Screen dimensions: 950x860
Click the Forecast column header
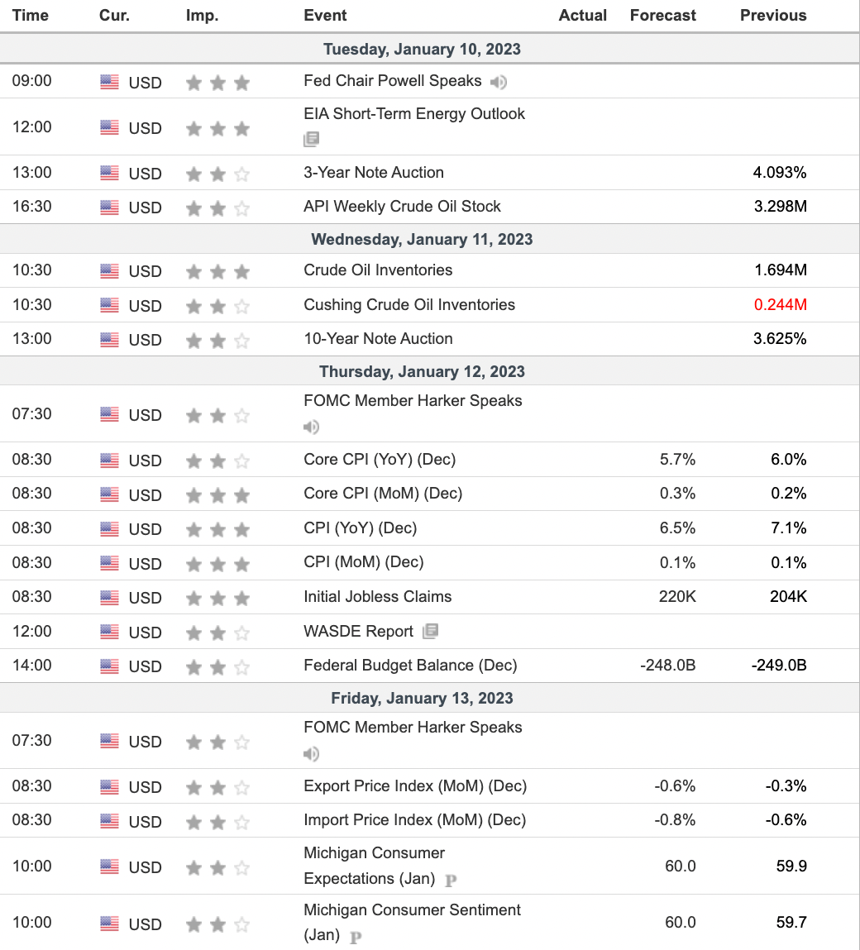tap(662, 15)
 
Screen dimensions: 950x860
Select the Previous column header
tap(772, 15)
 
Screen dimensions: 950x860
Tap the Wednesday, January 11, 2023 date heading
tap(422, 240)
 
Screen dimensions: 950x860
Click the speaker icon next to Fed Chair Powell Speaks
tap(498, 82)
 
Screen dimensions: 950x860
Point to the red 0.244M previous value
tap(780, 305)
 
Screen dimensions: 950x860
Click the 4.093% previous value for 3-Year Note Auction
tap(780, 173)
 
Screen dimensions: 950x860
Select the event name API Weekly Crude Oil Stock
tap(402, 207)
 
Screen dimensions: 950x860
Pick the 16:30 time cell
tap(31, 207)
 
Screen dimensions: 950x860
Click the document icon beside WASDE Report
tap(430, 632)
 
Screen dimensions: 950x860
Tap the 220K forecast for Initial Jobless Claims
tap(677, 597)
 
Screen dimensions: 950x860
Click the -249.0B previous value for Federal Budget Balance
tap(779, 666)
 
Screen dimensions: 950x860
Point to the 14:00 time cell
tap(31, 666)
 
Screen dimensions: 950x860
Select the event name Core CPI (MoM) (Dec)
tap(383, 494)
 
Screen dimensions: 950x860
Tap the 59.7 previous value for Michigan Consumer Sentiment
tap(791, 923)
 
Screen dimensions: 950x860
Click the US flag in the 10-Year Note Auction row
tap(109, 339)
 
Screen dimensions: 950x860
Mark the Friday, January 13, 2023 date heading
tap(422, 699)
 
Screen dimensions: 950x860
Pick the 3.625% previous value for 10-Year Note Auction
tap(780, 339)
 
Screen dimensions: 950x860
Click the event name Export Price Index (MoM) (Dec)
tap(415, 786)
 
